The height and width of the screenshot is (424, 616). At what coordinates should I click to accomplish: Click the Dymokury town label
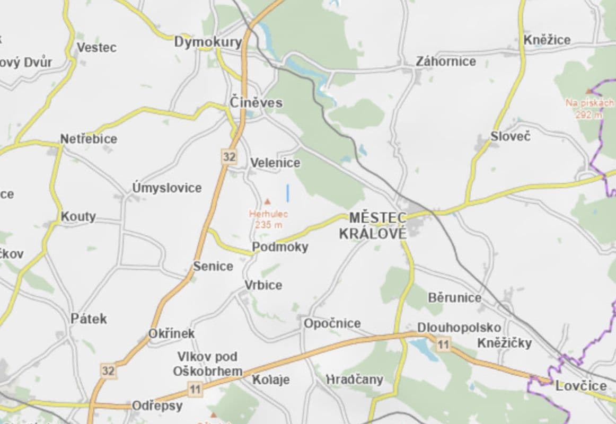[x=208, y=42]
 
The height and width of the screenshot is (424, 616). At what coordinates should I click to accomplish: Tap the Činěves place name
[x=256, y=102]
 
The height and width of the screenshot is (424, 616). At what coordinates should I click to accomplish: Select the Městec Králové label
[x=377, y=225]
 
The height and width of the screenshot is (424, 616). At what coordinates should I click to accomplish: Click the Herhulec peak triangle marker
[x=268, y=201]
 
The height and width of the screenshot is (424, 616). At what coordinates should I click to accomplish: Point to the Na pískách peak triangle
[x=588, y=91]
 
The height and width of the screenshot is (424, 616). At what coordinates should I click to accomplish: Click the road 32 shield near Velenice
[x=229, y=157]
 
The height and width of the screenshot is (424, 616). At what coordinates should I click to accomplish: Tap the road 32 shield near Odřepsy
[x=108, y=370]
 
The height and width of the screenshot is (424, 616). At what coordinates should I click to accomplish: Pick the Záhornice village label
[x=445, y=61]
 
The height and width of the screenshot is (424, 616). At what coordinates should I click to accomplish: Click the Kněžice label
[x=547, y=40]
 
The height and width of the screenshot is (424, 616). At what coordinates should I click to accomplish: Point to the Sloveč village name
[x=510, y=136]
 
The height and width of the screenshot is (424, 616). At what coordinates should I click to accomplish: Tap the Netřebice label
[x=89, y=139]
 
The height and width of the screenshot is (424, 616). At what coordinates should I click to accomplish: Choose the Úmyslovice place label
[x=167, y=188]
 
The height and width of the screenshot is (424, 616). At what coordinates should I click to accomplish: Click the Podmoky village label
[x=280, y=247]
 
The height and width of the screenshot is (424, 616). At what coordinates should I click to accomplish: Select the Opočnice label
[x=332, y=323]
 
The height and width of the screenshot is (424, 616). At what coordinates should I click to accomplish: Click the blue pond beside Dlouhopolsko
[x=421, y=349]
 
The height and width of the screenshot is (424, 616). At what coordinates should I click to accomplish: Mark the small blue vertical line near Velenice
[x=288, y=193]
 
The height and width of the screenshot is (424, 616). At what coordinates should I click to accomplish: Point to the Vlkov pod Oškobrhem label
[x=207, y=364]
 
